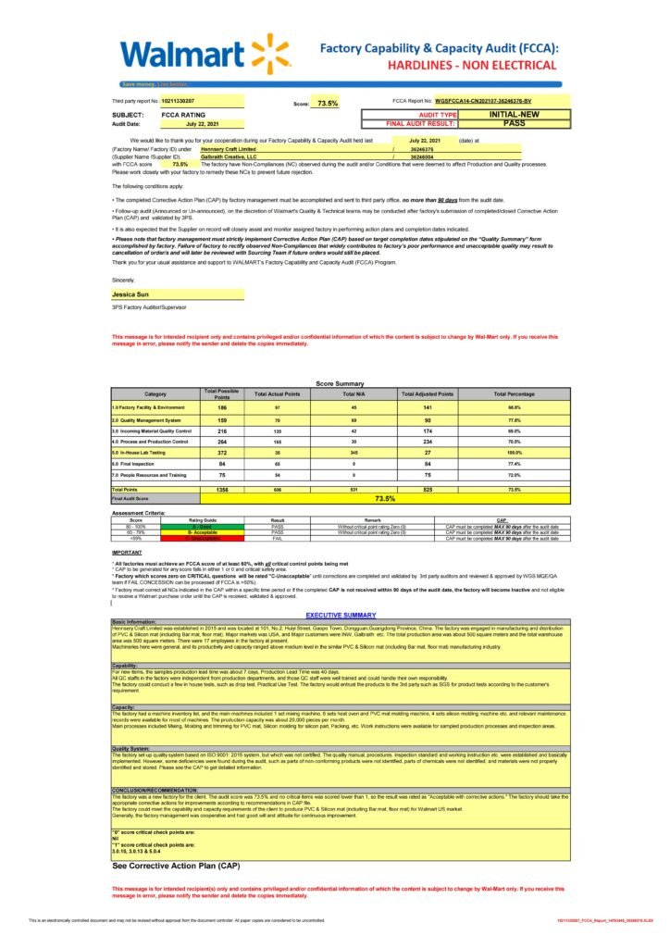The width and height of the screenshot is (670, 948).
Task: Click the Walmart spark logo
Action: (267, 53)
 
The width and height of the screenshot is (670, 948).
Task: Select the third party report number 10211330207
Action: (179, 100)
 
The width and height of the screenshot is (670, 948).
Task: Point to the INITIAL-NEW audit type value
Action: (515, 114)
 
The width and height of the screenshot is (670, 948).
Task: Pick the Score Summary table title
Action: (340, 383)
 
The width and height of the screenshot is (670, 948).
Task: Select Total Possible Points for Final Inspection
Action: (222, 463)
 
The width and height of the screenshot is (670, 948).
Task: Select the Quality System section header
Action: (130, 748)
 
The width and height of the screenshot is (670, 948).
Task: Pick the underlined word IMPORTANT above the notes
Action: (127, 552)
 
